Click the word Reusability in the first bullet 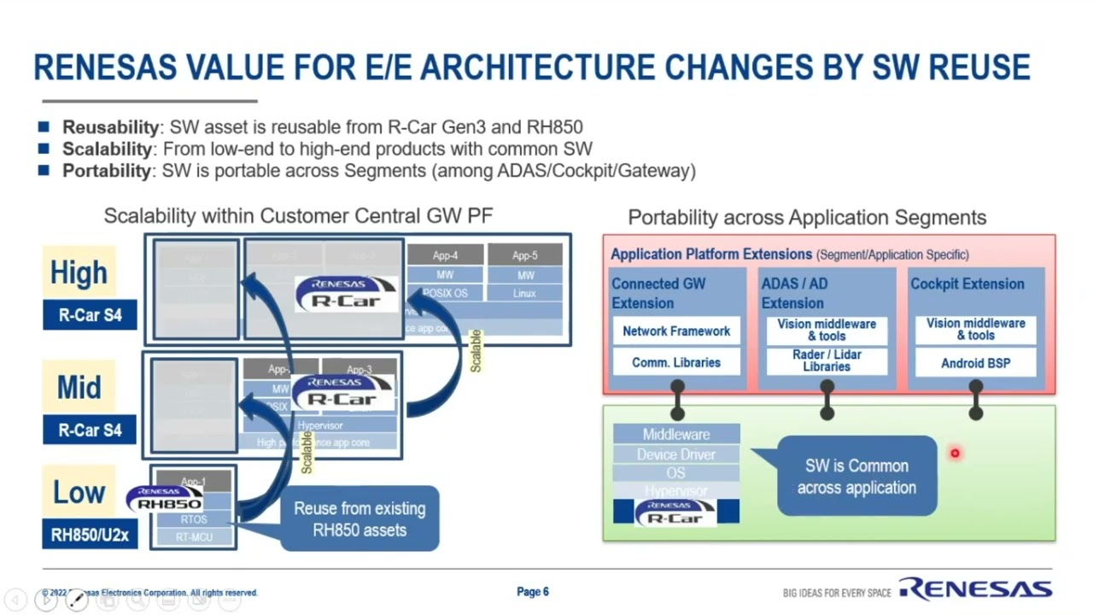coord(110,127)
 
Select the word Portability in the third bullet coord(107,170)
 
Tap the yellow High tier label coord(79,272)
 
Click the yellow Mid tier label coord(79,388)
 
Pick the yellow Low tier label coord(79,492)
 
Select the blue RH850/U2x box coord(90,536)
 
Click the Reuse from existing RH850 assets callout coord(359,519)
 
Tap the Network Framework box coord(676,331)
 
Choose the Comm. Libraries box coord(676,362)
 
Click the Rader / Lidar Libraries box coord(827,360)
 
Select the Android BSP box coord(975,363)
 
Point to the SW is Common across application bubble coord(856,477)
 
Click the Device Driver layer coord(676,454)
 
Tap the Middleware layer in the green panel coord(676,435)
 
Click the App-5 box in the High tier coord(525,255)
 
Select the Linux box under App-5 coord(525,293)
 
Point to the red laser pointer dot coord(955,454)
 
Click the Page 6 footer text coord(533,592)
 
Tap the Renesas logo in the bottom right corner coord(975,589)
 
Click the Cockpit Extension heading coord(967,284)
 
